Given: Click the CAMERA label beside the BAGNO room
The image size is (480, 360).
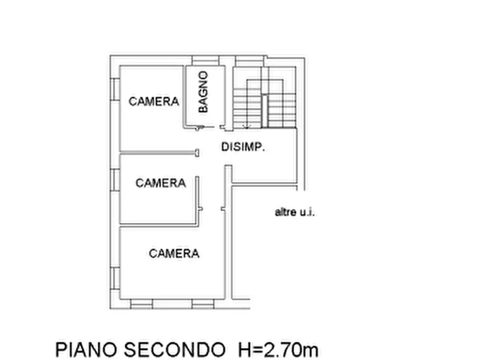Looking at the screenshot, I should click(154, 101).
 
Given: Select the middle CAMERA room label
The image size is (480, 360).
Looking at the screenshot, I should click(160, 183).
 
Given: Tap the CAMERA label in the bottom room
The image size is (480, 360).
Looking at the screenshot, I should click(174, 254).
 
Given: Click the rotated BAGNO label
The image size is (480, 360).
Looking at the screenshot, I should click(203, 92).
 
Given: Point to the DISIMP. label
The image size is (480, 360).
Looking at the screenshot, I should click(243, 147).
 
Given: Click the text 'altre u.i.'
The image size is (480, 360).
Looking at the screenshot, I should click(295, 212).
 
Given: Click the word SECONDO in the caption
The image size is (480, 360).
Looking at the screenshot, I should click(173, 349).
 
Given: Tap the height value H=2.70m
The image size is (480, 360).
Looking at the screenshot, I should click(277, 349).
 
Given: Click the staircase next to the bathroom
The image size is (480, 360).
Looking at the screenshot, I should click(264, 102).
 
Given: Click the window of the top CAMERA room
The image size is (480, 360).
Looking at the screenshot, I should click(114, 89).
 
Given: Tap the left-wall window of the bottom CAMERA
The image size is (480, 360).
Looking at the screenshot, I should click(114, 277).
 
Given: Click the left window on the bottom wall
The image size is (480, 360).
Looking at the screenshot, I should click(142, 304).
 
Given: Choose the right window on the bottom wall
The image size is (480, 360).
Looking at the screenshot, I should click(203, 304).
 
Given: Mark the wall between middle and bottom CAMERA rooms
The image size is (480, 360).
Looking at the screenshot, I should click(159, 225).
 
